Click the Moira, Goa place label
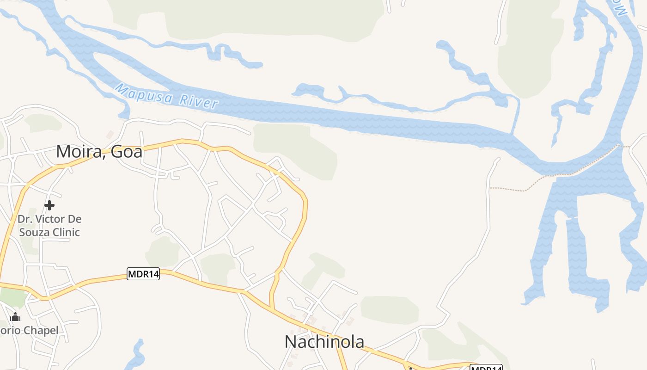(x=99, y=151)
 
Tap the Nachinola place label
(x=324, y=342)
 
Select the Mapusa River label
(x=166, y=96)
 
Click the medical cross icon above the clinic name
(x=49, y=205)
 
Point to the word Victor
(x=50, y=219)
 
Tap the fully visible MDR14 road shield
(x=143, y=274)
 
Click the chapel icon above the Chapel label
(x=15, y=317)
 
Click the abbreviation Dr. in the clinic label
(x=24, y=219)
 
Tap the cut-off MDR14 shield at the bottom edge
(x=486, y=368)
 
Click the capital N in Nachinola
(x=290, y=342)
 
